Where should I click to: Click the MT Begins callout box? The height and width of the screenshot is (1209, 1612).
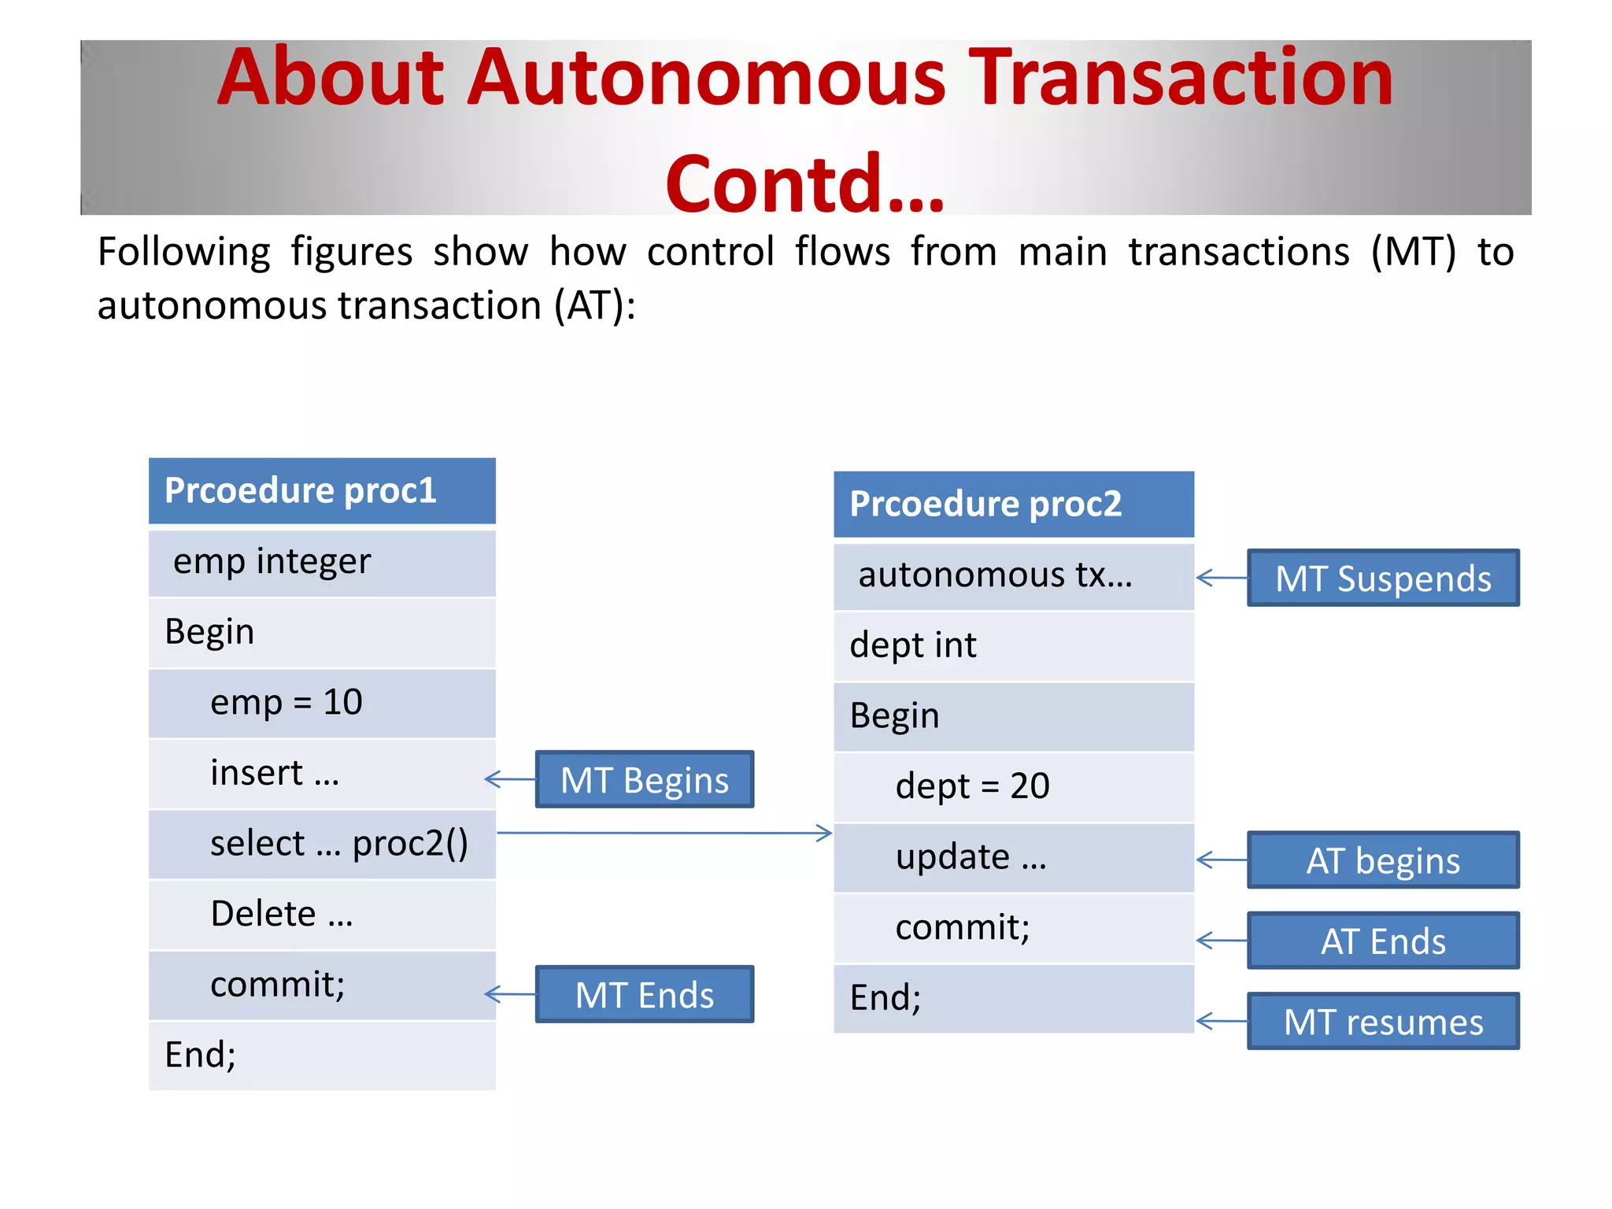coord(644,779)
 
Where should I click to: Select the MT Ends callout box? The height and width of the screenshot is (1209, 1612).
coord(644,994)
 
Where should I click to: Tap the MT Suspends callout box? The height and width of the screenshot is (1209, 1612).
coord(1383,578)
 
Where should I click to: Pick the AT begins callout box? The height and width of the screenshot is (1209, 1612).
coord(1383,860)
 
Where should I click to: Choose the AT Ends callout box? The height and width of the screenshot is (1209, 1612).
coord(1383,941)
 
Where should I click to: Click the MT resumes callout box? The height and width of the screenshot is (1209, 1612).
coord(1383,1022)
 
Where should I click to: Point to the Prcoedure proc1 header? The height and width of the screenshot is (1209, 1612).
coord(322,490)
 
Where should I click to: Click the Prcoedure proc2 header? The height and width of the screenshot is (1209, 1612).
coord(1013,504)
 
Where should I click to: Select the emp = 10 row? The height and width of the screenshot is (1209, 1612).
coord(322,702)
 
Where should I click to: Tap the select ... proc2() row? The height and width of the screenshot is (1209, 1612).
coord(322,843)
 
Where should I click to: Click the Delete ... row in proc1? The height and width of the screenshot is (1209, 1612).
coord(322,914)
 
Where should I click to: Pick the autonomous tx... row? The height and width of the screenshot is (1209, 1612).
coord(1013,575)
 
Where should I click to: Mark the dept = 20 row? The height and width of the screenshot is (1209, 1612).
coord(1013,786)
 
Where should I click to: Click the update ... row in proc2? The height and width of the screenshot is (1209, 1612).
coord(1013,857)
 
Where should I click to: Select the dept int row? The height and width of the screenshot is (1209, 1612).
coord(1013,645)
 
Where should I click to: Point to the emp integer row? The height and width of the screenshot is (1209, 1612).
coord(322,562)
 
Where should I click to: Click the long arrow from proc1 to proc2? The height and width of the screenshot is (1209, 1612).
coord(665,833)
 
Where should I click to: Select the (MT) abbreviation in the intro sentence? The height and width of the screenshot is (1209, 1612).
coord(1413,253)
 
